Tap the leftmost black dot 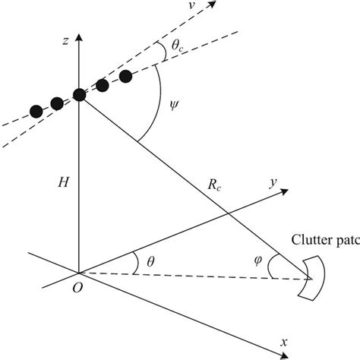click(x=36, y=112)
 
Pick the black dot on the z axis click(x=80, y=95)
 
